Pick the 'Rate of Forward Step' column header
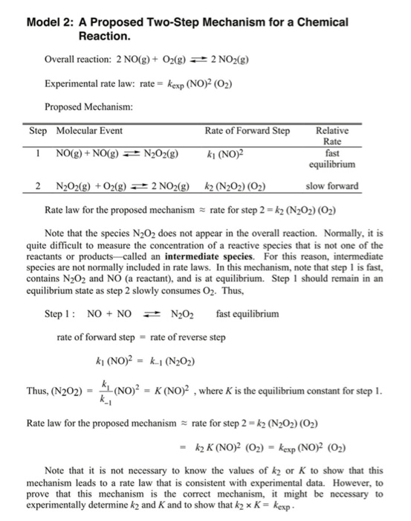tap(247, 131)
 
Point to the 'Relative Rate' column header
tap(331, 135)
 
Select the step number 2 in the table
tap(37, 185)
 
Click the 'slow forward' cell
tap(331, 185)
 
